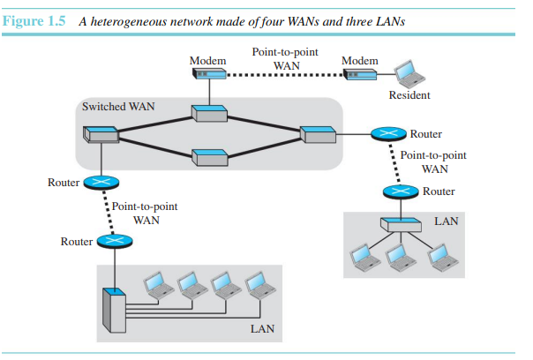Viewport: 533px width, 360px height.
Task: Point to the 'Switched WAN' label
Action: [x=119, y=107]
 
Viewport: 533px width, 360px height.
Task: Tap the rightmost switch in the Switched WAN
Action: [x=314, y=134]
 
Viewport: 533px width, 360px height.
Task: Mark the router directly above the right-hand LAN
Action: [x=406, y=191]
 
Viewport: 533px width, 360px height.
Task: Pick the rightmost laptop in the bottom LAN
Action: [x=257, y=283]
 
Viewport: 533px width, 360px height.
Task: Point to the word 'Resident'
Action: [x=410, y=94]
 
